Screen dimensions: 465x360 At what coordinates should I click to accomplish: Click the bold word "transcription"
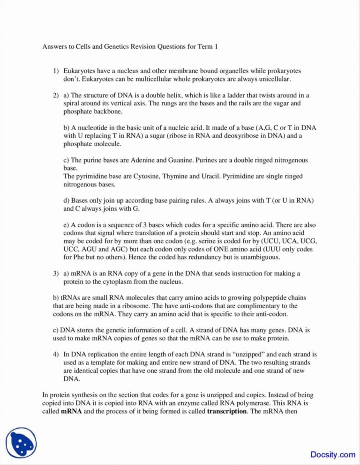click(x=226, y=411)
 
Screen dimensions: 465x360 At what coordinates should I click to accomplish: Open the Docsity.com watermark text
click(x=332, y=454)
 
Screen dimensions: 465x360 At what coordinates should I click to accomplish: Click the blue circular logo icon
click(x=21, y=442)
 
